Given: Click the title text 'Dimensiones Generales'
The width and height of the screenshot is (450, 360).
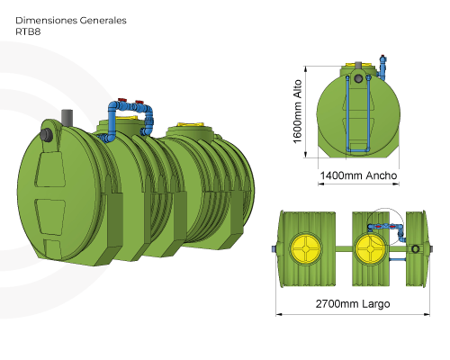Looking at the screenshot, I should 71,19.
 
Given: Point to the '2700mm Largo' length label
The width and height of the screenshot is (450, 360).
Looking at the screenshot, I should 352,303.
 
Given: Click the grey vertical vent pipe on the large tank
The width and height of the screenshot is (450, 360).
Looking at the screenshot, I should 67,120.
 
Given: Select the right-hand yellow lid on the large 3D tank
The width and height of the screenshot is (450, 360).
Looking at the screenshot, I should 191,127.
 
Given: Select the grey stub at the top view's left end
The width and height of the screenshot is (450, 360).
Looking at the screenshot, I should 274,247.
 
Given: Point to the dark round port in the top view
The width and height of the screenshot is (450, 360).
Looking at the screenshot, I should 415,248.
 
